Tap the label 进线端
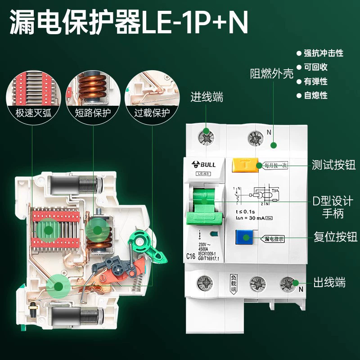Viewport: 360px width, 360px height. pos(207,97)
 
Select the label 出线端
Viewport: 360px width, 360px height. pos(330,283)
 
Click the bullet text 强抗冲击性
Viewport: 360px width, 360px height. pos(323,53)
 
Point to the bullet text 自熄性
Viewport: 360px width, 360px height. pos(315,95)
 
